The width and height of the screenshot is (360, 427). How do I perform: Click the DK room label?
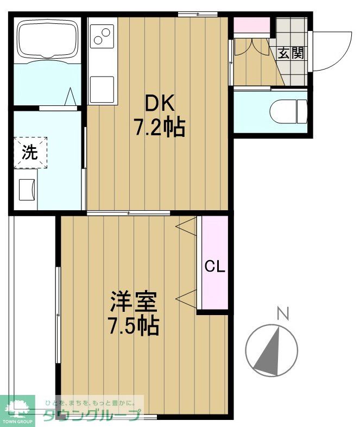pyautogui.click(x=158, y=103)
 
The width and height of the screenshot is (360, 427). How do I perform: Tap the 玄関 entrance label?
pyautogui.click(x=291, y=53)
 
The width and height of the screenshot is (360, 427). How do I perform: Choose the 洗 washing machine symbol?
pyautogui.click(x=30, y=152)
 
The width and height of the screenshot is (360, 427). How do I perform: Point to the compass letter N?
pyautogui.click(x=282, y=313)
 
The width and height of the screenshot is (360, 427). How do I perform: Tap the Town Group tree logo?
pyautogui.click(x=17, y=408)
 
